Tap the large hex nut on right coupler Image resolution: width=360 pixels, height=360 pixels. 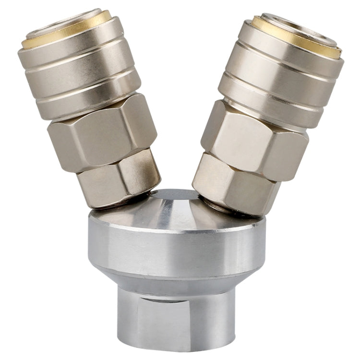click(254, 139)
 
